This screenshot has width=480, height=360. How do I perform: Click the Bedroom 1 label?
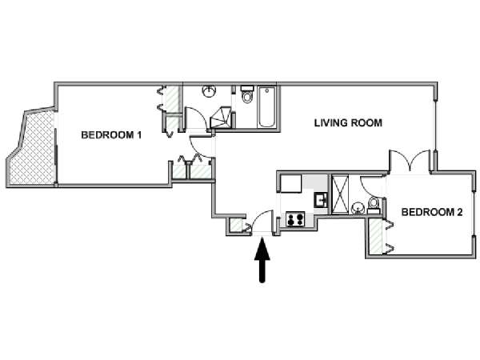(x=111, y=135)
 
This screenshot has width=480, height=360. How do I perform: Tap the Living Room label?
(x=348, y=123)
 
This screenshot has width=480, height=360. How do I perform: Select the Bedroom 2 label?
(x=432, y=212)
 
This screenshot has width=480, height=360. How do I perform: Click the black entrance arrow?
(x=262, y=260)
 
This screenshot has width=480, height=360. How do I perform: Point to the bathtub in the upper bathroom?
(x=267, y=107)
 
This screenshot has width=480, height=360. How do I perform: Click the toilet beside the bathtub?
(x=247, y=95)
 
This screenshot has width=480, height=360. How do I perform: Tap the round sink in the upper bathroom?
(x=210, y=91)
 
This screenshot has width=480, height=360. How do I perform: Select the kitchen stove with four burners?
(x=295, y=219)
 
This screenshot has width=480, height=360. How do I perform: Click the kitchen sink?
(x=321, y=201)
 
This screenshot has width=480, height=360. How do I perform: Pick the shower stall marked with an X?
(x=340, y=194)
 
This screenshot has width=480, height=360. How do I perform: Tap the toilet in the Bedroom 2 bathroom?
(x=374, y=205)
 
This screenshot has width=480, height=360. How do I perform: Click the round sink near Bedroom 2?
(x=358, y=208)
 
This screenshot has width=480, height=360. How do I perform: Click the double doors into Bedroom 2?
(x=410, y=161)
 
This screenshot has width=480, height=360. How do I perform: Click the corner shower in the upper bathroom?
(x=220, y=118)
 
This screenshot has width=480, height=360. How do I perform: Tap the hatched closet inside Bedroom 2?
(x=376, y=237)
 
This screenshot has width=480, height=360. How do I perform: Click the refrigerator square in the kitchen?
(x=291, y=183)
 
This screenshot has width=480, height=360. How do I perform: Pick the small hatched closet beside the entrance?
(x=236, y=226)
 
